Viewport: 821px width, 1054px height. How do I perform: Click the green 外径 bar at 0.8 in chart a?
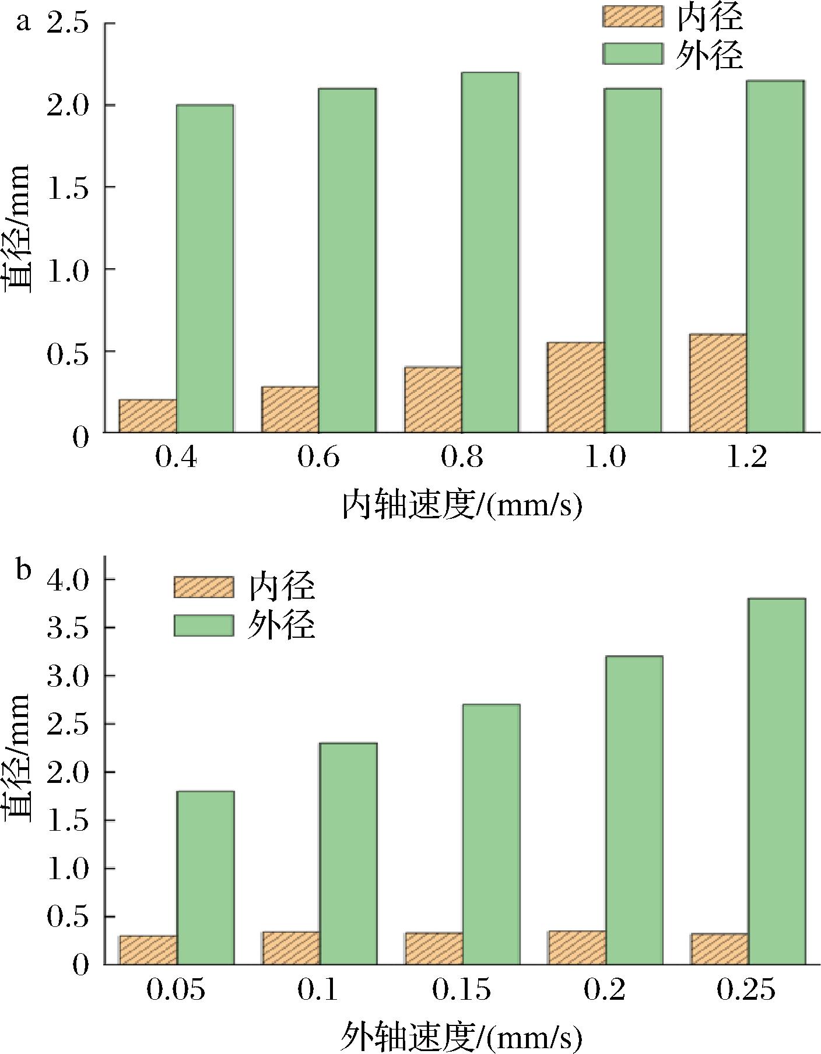490,252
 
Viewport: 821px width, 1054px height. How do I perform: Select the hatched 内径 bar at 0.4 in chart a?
148,416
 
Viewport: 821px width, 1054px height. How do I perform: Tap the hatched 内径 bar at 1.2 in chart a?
718,383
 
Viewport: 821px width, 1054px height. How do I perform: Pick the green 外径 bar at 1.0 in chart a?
633,260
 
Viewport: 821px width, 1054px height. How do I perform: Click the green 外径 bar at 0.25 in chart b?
777,781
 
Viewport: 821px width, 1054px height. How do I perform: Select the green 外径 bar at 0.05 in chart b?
205,877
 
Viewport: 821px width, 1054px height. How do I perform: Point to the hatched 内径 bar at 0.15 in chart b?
434,948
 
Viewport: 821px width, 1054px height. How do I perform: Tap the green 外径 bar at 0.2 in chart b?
634,810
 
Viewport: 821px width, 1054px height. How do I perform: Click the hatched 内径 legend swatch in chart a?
633,16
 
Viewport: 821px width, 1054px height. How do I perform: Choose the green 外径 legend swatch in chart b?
204,626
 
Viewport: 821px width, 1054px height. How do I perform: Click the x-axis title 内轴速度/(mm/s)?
461,506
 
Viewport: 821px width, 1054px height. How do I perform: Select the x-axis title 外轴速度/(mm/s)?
461,1036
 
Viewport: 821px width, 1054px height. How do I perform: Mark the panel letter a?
23,23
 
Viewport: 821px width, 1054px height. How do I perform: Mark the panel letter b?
23,570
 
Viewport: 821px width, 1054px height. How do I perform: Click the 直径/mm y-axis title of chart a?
17,227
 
